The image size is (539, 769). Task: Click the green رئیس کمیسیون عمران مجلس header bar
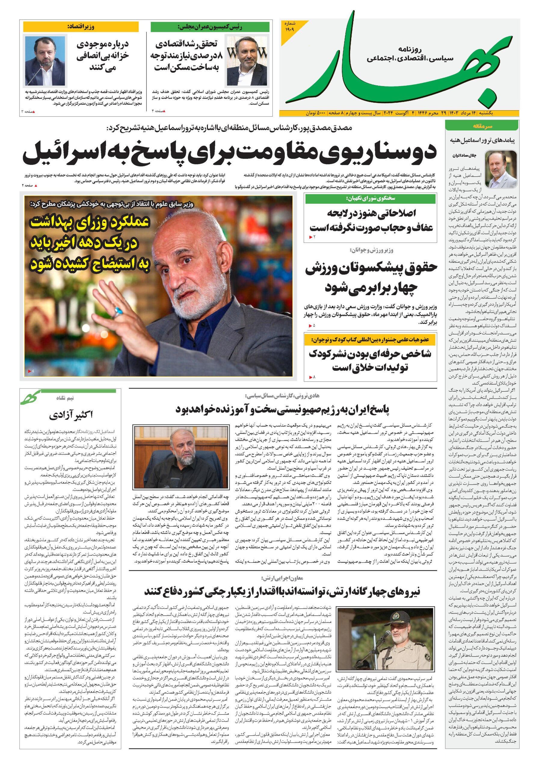pos(210,27)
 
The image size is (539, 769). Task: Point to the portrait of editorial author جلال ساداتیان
pos(501,169)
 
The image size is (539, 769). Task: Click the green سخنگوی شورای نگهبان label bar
pos(370,199)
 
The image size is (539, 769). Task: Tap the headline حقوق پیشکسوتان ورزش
pos(371,268)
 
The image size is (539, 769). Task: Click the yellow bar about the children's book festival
pos(370,340)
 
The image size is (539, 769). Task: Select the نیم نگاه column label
pos(65,398)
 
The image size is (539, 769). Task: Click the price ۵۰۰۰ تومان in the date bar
pos(315,114)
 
